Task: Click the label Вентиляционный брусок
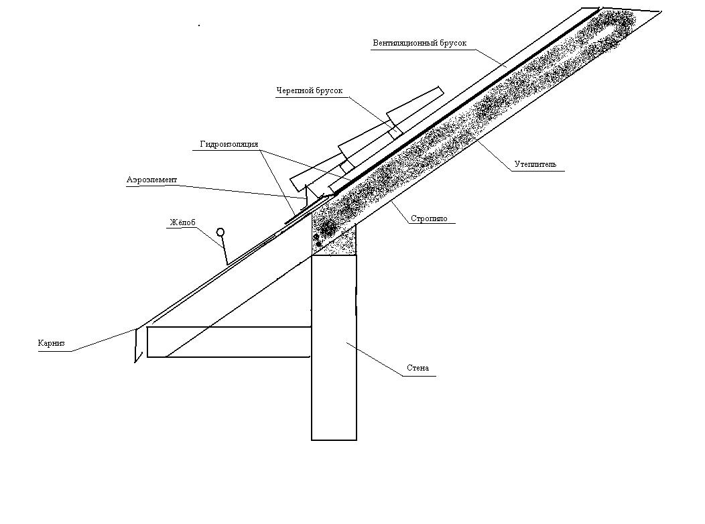click(x=420, y=44)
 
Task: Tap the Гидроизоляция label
click(x=229, y=145)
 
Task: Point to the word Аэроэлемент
click(x=152, y=180)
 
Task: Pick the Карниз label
click(x=51, y=344)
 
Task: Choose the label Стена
click(x=418, y=368)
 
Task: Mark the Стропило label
click(x=429, y=218)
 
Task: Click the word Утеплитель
click(x=535, y=164)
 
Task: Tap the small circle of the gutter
click(x=220, y=233)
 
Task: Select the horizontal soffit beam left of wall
click(x=228, y=342)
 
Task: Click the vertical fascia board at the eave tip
click(x=137, y=344)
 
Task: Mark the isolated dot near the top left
click(x=199, y=25)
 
